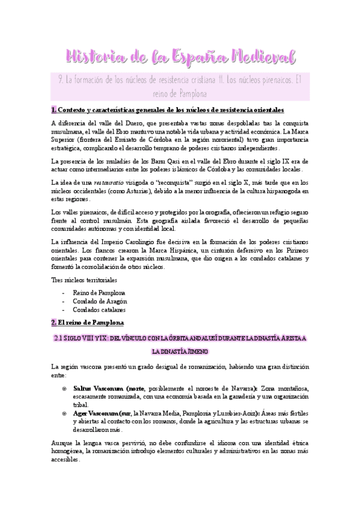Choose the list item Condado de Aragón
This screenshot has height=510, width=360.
(x=100, y=301)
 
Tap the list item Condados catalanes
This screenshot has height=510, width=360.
(x=99, y=310)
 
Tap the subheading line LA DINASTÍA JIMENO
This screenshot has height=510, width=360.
(x=180, y=351)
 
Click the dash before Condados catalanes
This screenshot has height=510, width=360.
(x=64, y=310)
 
